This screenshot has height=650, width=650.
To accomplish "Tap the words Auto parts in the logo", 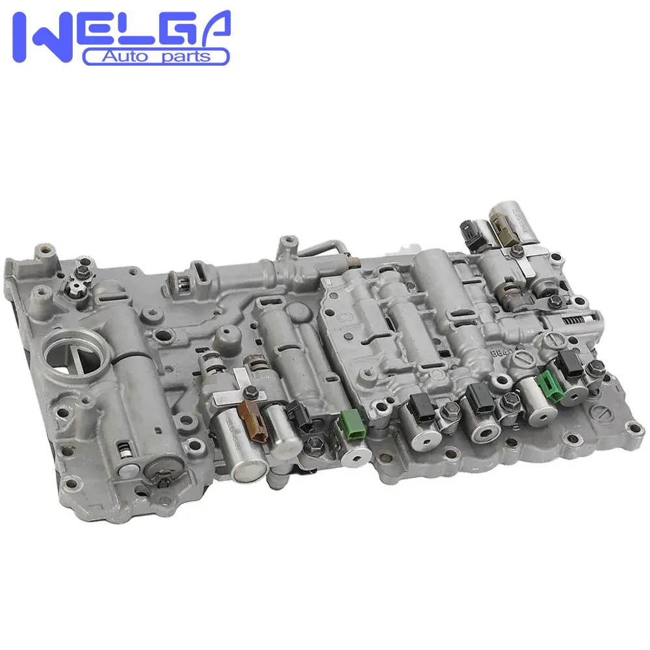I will coord(156,57).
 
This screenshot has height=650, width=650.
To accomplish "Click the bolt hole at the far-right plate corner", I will coord(629,428).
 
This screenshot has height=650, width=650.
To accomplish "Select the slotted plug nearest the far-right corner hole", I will coord(603,412).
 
